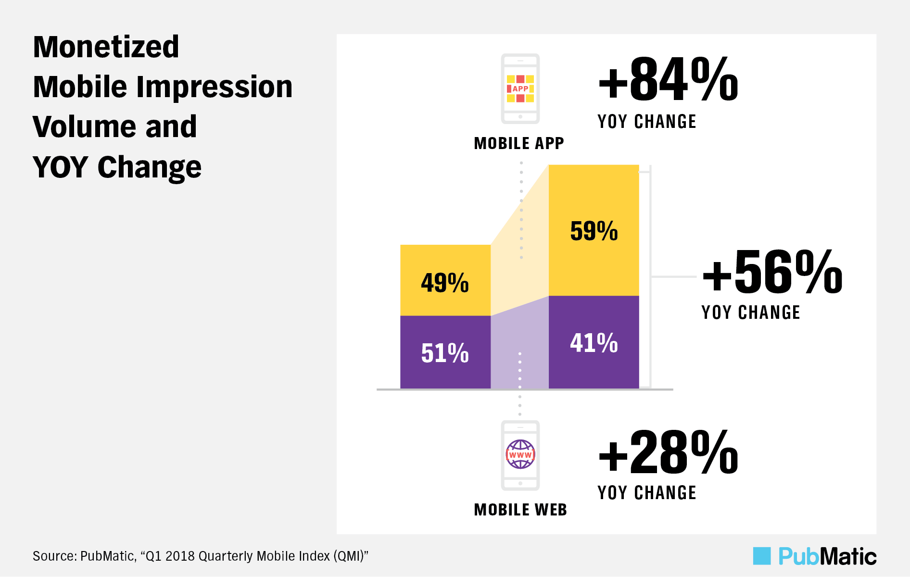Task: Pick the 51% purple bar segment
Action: click(x=445, y=352)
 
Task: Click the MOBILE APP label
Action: click(x=518, y=143)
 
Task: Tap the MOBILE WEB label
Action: click(x=520, y=510)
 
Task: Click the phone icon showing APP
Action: click(x=520, y=88)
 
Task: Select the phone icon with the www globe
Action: click(x=520, y=455)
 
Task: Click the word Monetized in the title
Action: click(x=106, y=47)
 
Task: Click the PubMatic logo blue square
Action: click(x=761, y=556)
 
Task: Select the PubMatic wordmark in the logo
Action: click(x=827, y=556)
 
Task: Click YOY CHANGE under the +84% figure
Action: click(x=646, y=122)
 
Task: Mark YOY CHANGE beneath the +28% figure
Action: click(x=646, y=493)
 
